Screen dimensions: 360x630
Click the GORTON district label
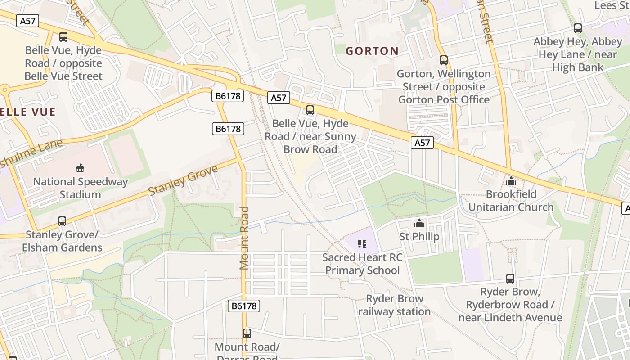coord(372,51)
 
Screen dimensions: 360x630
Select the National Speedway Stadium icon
coord(80,168)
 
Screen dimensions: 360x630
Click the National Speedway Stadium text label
coord(81,188)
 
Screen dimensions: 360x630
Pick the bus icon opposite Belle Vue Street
coord(63,37)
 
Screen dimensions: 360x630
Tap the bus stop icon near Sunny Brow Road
coord(310,110)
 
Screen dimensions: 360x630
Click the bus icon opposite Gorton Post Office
coord(444,60)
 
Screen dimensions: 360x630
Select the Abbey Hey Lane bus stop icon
coord(578,28)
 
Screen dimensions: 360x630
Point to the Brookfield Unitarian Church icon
coord(511,181)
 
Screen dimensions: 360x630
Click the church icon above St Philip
coord(419,223)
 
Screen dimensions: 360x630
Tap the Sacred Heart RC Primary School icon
coord(362,244)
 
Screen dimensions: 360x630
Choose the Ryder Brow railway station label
coord(395,305)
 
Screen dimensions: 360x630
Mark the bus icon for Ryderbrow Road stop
coord(510,279)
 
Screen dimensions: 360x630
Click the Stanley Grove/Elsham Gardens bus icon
coord(62,221)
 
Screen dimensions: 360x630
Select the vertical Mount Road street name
coord(244,238)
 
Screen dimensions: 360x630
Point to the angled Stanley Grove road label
coord(183,180)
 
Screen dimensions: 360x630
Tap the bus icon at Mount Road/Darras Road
coord(247,333)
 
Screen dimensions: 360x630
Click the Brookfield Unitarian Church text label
coord(511,201)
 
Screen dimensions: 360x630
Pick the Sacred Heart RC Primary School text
coord(362,264)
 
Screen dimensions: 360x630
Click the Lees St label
coord(612,5)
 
